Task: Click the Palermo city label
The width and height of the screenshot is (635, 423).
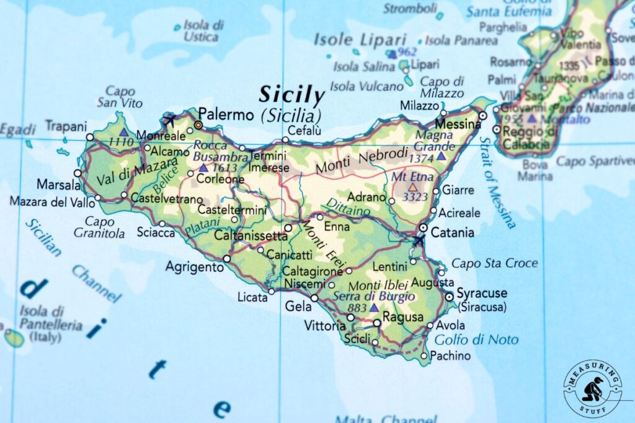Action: pos(226,115)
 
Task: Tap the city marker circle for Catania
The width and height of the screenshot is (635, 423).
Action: pos(423,227)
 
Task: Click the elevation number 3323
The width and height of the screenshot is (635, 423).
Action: pos(415,198)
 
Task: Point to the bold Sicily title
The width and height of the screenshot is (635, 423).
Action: pos(291,95)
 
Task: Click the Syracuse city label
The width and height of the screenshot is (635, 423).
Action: pos(482,293)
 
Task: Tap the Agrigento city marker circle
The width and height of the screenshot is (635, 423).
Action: pos(227,258)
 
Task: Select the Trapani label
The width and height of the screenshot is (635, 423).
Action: pos(66,126)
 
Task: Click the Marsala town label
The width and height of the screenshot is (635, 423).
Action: pos(58,185)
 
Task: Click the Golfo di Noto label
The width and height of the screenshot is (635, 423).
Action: pos(476,340)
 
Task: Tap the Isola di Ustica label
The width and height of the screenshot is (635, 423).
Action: pos(203,31)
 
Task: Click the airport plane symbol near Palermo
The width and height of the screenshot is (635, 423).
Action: pos(170,118)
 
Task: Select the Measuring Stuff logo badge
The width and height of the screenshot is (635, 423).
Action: pos(592,388)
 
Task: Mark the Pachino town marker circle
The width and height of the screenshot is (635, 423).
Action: pos(424,355)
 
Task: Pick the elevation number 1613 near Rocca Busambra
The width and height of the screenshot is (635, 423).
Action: pos(224,168)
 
